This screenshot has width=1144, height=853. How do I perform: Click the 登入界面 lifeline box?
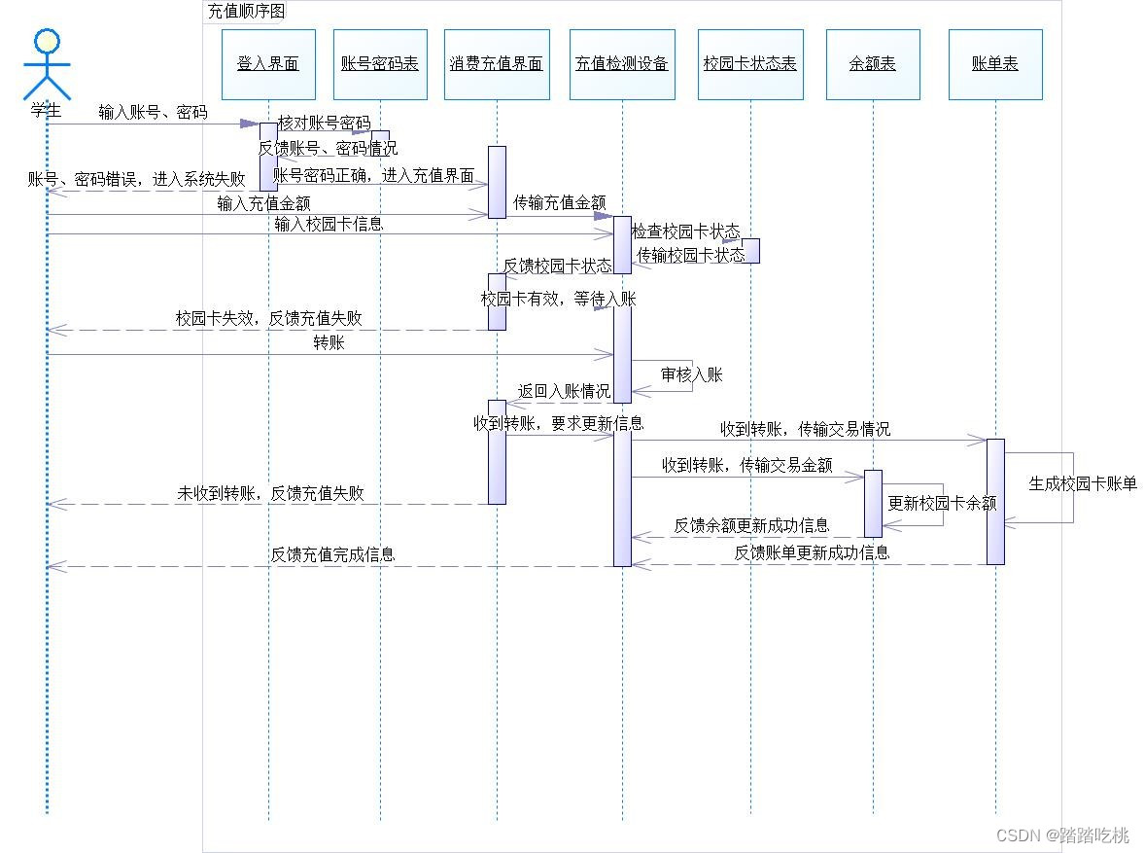[x=268, y=64]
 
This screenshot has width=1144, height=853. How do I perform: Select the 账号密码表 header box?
[x=380, y=64]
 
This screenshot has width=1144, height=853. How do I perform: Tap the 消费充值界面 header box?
[x=496, y=64]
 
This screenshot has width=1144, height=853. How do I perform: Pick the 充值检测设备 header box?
[x=622, y=64]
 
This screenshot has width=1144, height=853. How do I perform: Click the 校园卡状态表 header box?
[x=750, y=64]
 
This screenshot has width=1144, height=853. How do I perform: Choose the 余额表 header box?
[x=873, y=64]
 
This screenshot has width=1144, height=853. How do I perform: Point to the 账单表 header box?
[x=995, y=64]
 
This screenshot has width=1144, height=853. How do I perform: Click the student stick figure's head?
[x=47, y=41]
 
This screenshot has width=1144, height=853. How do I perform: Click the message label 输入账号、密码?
[x=153, y=112]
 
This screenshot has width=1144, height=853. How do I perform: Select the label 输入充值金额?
[x=263, y=203]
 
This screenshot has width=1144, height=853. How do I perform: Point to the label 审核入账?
[x=692, y=374]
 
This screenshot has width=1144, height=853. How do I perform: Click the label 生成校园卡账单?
[x=1083, y=483]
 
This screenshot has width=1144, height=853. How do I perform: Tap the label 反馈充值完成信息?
[x=332, y=554]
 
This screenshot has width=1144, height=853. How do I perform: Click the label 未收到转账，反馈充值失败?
[x=270, y=493]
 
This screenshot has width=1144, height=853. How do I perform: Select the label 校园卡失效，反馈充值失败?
[x=269, y=318]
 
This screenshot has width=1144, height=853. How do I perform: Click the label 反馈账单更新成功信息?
[x=812, y=552]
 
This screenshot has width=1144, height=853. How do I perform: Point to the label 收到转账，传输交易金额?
[x=746, y=465]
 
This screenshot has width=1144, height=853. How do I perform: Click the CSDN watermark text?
[x=1063, y=835]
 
